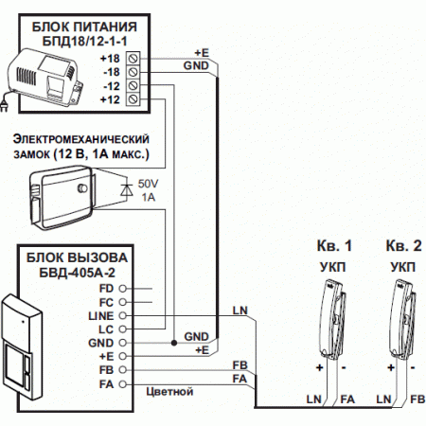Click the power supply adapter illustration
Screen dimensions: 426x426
(45, 76)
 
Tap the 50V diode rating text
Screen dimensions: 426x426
(150, 182)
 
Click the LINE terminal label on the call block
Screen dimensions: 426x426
(100, 314)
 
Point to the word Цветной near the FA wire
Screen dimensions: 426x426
(170, 389)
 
